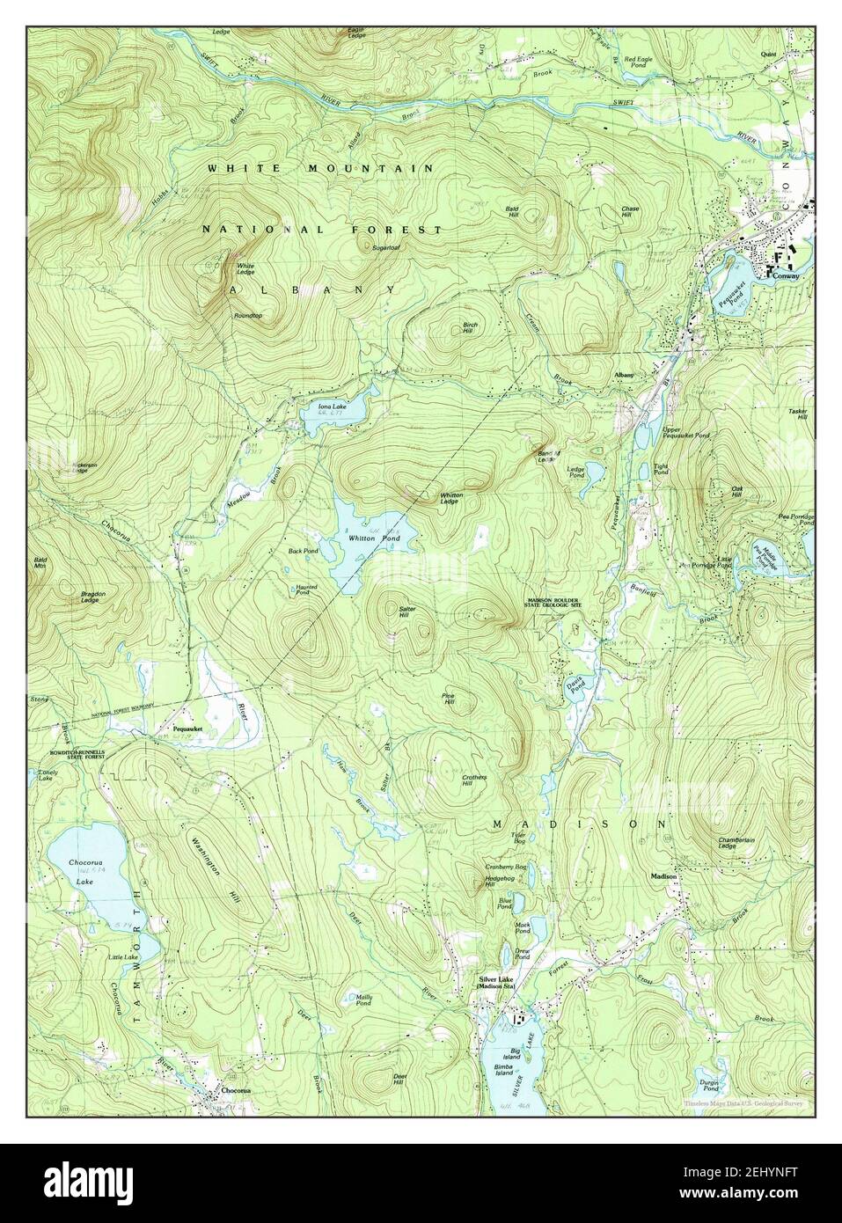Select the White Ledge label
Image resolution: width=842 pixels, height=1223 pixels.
(x=245, y=268)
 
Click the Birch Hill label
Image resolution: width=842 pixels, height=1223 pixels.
(x=469, y=327)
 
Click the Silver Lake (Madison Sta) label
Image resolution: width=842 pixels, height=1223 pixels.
(x=495, y=982)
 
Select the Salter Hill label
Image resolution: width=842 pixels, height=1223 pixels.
(x=407, y=612)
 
